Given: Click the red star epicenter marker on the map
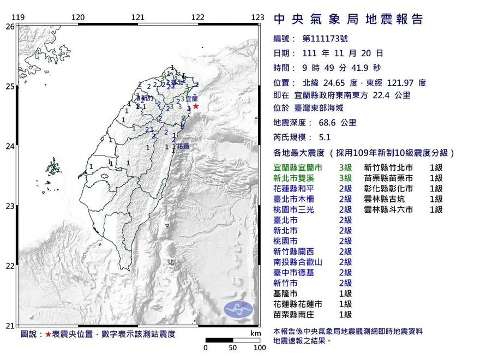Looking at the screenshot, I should coord(196,106).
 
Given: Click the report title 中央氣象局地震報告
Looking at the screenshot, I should coord(349,20).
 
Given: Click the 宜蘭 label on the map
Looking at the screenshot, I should coord(192,99).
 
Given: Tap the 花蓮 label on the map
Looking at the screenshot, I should coord(183,147).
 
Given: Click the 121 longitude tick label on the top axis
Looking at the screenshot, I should coord(138,17).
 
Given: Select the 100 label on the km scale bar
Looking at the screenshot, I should coord(259,347).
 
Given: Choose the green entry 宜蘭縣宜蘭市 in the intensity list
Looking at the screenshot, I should coord(299,167).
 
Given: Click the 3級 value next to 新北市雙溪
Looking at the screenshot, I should coord(345,178).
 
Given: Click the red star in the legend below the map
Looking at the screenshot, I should coord(48,334).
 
